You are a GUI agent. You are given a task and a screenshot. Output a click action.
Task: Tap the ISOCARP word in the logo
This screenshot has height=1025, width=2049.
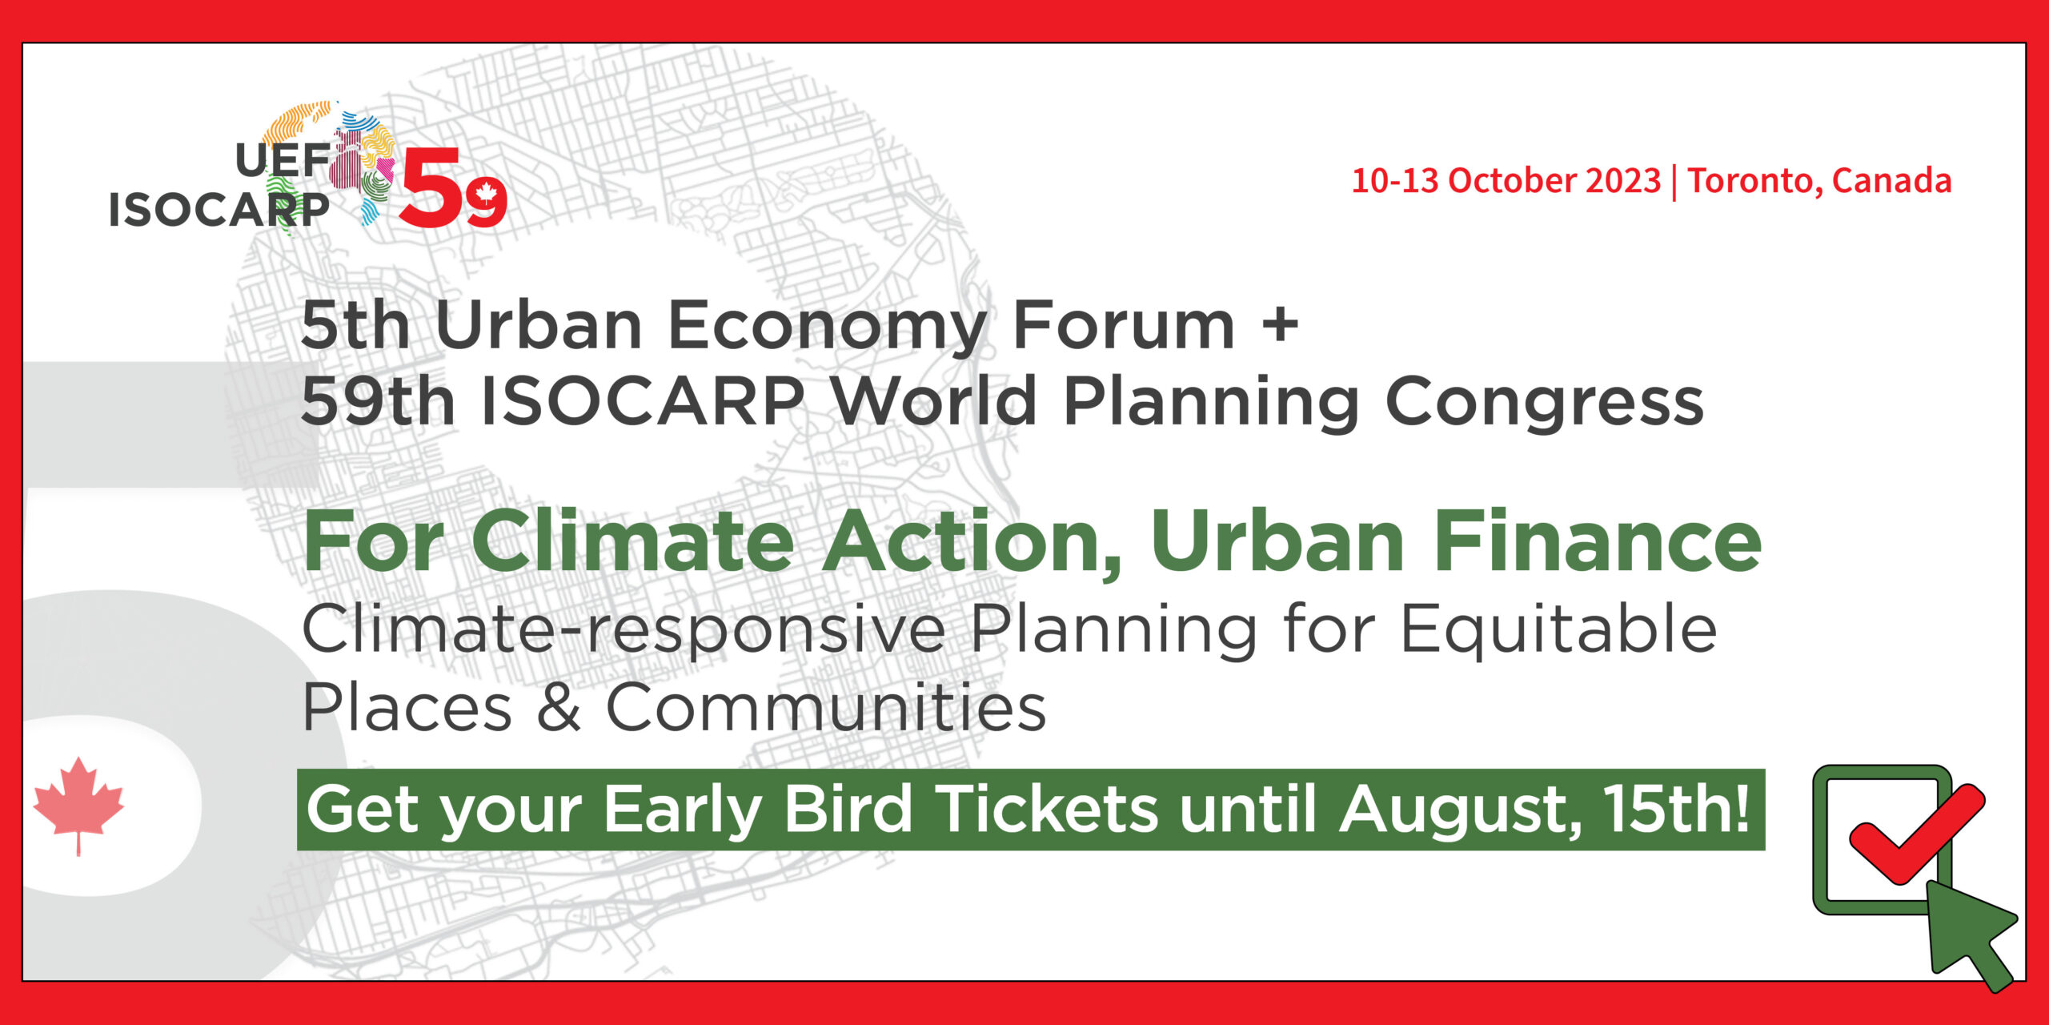point(219,211)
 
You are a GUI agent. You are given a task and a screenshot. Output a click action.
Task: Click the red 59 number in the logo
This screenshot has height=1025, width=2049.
point(453,188)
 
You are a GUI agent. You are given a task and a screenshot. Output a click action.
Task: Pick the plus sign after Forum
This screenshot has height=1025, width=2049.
point(1280,326)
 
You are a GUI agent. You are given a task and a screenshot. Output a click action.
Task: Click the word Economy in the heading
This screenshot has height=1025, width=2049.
point(828,327)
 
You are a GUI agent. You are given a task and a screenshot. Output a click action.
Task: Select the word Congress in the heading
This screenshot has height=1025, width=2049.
point(1544,402)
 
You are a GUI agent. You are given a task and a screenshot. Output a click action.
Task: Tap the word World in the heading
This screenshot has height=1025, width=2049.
point(936,400)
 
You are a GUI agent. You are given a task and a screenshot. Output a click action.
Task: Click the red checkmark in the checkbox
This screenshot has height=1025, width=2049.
point(1915,834)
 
